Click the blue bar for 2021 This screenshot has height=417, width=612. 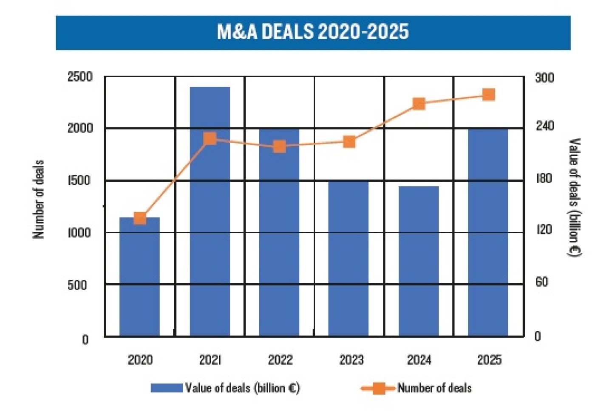coord(210,212)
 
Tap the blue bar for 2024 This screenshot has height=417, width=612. coord(419,261)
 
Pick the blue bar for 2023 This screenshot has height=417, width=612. coord(348,259)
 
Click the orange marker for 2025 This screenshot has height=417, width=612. coord(489,95)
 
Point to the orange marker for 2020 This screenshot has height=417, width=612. coord(140,218)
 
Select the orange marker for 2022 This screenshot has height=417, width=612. coord(279,147)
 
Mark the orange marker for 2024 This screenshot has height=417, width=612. coord(419,104)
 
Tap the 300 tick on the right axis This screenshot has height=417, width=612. coord(544,78)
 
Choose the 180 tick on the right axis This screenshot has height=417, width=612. coord(544,178)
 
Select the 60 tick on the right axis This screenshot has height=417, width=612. coord(541,282)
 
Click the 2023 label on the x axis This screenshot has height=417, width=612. coord(351,360)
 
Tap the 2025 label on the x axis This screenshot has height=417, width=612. coord(489,360)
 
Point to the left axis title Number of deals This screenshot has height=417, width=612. coord(39,199)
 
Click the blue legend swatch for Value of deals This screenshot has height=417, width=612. coord(167,388)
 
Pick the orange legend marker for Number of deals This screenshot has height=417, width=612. coord(378,388)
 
